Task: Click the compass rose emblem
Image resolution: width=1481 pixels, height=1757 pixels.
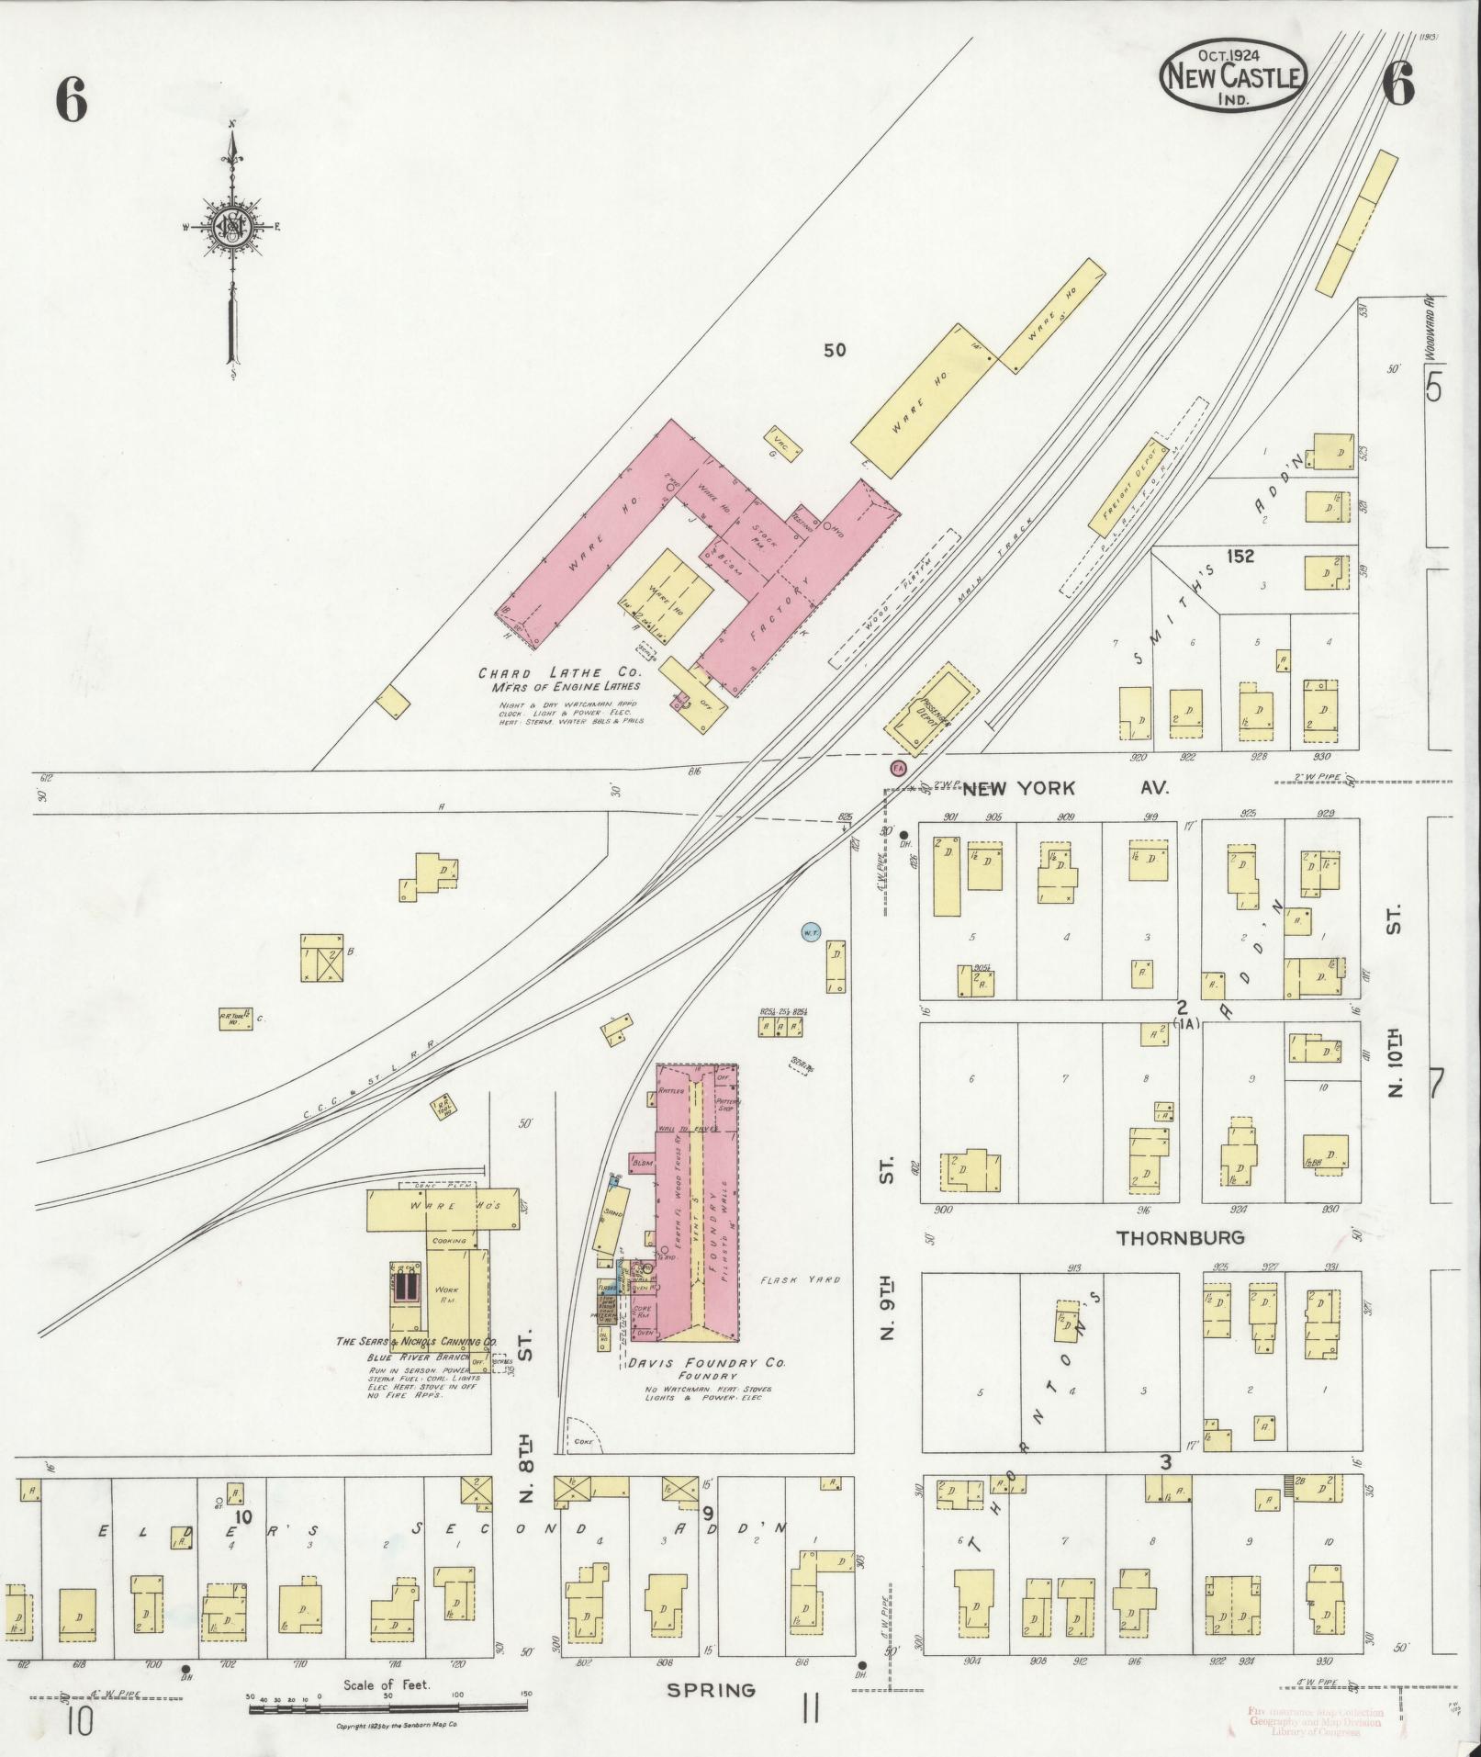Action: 232,228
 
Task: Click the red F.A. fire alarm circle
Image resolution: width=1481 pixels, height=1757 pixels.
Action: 898,767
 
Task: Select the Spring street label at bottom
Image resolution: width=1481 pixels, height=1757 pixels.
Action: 711,1690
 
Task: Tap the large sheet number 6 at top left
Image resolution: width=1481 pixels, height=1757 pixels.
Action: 71,99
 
